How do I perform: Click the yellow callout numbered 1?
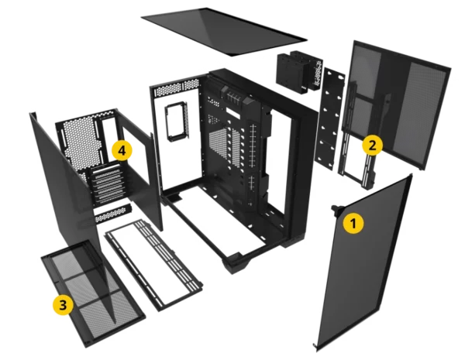pyautogui.click(x=353, y=223)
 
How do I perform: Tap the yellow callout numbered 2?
pyautogui.click(x=372, y=145)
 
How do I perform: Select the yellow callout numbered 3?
pyautogui.click(x=64, y=304)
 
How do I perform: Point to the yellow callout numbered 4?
pyautogui.click(x=122, y=150)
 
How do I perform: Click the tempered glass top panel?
pyautogui.click(x=224, y=32)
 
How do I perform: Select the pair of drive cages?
pyautogui.click(x=299, y=72)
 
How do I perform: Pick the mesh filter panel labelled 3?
pyautogui.click(x=94, y=293)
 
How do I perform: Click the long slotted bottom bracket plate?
pyautogui.click(x=153, y=265)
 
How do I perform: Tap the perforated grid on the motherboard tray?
pyautogui.click(x=222, y=146)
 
